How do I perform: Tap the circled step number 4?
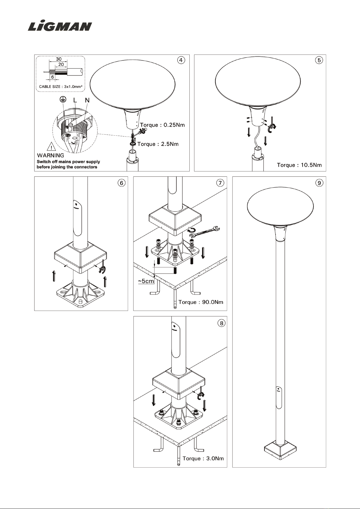[181, 60]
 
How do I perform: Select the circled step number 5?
[319, 60]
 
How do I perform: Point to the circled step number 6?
[121, 183]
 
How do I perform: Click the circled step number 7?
[220, 183]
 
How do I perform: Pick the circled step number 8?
[221, 323]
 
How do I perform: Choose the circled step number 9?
[319, 183]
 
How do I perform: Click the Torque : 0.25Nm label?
[162, 125]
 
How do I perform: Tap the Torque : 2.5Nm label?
[158, 144]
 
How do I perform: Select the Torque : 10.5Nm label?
[299, 165]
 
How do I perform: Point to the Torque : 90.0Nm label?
[201, 302]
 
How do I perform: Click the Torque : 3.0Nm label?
[203, 458]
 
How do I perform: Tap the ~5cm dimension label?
[146, 281]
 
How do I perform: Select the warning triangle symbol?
[52, 147]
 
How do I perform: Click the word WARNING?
[50, 156]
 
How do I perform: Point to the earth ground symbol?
[63, 99]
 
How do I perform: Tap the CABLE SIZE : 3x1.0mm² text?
[61, 87]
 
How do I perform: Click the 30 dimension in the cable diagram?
[59, 59]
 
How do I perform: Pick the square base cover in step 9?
[280, 453]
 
